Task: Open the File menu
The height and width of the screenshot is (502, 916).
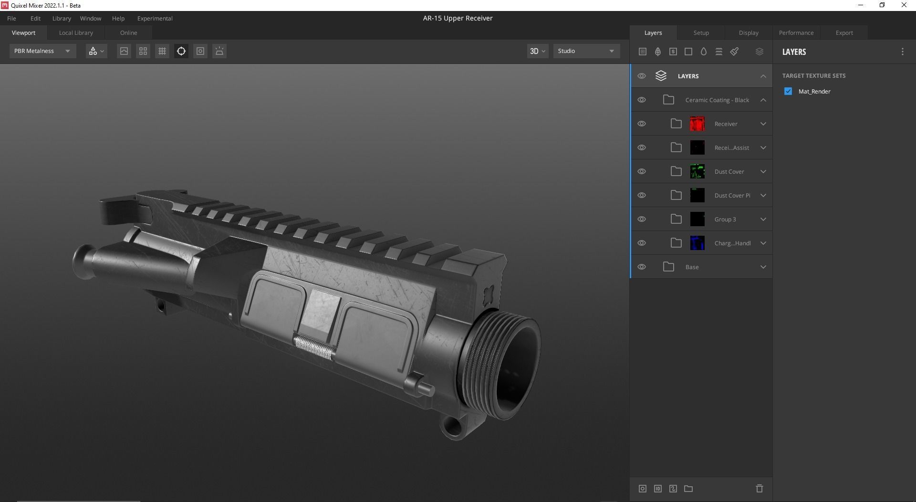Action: point(11,19)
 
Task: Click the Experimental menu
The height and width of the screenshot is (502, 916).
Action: point(155,19)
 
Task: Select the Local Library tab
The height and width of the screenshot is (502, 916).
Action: point(76,33)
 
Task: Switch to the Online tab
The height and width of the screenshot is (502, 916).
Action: point(128,33)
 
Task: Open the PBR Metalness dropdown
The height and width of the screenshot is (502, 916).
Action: point(42,51)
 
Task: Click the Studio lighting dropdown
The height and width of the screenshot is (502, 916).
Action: point(586,51)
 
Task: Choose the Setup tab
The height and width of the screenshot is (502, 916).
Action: point(701,33)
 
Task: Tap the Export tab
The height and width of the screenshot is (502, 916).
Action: point(844,33)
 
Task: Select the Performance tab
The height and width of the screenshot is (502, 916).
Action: point(796,33)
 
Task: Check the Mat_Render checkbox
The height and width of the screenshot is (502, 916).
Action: point(788,91)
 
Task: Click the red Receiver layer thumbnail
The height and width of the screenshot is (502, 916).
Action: point(697,124)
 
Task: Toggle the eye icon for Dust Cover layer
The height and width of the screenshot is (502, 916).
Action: point(642,171)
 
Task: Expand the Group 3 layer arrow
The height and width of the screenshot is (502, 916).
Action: point(763,219)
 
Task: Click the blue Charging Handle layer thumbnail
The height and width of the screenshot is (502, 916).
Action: point(697,243)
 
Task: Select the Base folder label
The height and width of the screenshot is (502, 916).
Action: point(692,267)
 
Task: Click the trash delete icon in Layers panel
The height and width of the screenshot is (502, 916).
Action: point(759,489)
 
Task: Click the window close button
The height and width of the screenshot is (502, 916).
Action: point(904,5)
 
